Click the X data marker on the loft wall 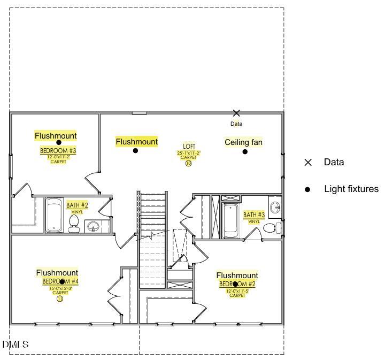[x=236, y=113]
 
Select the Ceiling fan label [x=243, y=142]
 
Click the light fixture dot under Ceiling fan [x=245, y=151]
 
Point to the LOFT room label [x=189, y=146]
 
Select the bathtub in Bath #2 [x=54, y=215]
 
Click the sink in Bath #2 [x=93, y=226]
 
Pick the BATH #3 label [x=254, y=215]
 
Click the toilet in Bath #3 [x=272, y=228]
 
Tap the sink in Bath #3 [x=275, y=208]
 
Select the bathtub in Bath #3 [x=231, y=220]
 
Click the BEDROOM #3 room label [x=58, y=151]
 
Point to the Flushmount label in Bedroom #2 [x=237, y=275]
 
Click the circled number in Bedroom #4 [x=60, y=299]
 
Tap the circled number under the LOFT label [x=189, y=164]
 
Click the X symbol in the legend [x=307, y=163]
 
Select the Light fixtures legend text [x=351, y=189]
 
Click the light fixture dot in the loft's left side [x=136, y=151]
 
